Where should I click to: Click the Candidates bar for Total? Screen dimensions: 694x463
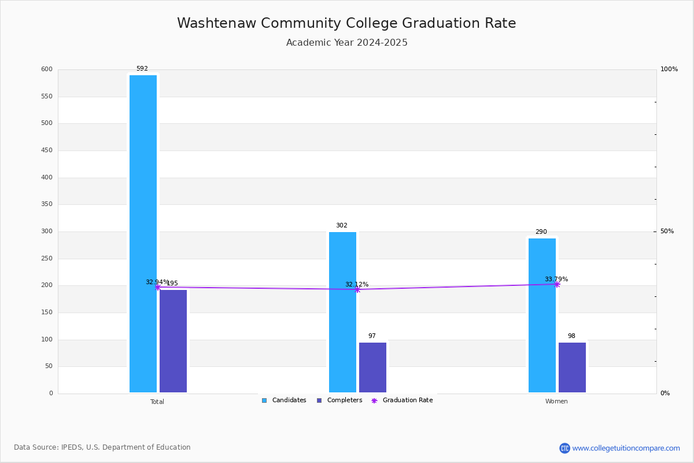(x=143, y=234)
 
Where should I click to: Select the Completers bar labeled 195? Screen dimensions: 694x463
(x=173, y=341)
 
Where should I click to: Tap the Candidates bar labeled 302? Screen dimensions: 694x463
(x=342, y=313)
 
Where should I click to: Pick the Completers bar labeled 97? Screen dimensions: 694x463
(x=372, y=368)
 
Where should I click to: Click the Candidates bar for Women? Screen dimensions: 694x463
(x=542, y=315)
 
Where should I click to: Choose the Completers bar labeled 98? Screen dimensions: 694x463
(x=572, y=368)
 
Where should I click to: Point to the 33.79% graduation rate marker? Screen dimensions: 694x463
(x=557, y=284)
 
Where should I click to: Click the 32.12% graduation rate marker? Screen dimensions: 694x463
(x=357, y=289)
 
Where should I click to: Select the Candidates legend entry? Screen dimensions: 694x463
(x=284, y=400)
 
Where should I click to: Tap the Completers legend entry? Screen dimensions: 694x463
(x=339, y=400)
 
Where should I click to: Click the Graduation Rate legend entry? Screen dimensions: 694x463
(x=402, y=400)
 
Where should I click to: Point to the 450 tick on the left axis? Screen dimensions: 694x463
(x=47, y=150)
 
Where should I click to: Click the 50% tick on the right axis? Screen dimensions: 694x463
(x=667, y=231)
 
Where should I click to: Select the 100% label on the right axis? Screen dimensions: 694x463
(x=669, y=69)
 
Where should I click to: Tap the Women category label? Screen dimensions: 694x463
(x=556, y=401)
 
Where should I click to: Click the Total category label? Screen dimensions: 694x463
(x=157, y=402)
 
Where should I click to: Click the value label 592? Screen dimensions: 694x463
(x=142, y=68)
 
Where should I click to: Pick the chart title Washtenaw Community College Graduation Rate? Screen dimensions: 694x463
(x=346, y=23)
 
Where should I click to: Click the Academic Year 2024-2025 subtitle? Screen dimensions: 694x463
(x=346, y=42)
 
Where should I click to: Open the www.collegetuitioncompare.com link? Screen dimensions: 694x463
(x=626, y=448)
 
